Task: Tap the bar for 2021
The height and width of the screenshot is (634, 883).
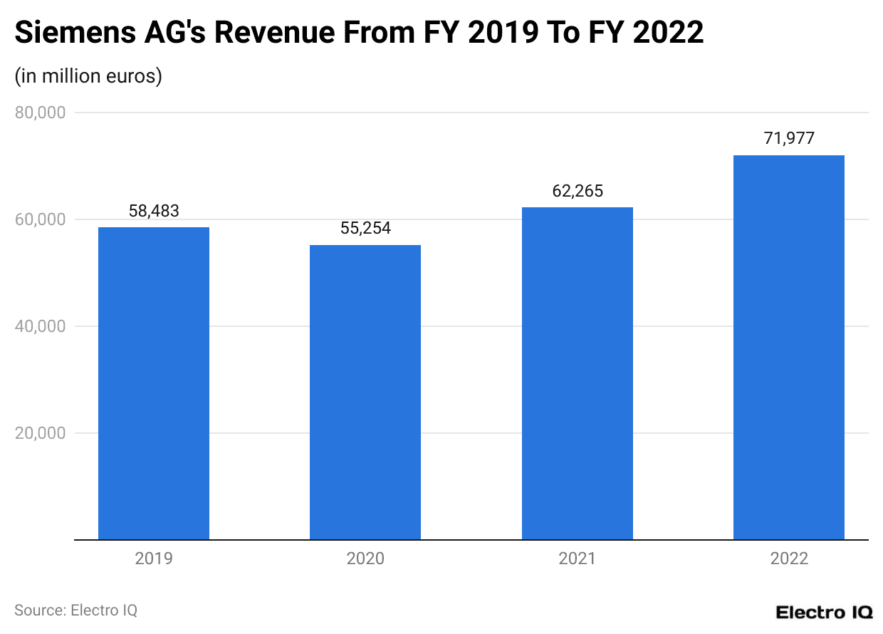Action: coord(578,373)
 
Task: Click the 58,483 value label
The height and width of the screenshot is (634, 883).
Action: coord(154,211)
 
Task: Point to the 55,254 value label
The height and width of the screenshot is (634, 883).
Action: coord(365,229)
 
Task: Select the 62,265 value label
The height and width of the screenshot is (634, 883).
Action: coord(578,191)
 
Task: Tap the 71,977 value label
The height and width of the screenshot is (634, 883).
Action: coord(789,139)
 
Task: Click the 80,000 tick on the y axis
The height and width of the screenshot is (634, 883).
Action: coord(41,113)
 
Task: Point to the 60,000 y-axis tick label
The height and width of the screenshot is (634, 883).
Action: coord(41,219)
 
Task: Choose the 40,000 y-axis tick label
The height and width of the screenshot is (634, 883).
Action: coord(41,326)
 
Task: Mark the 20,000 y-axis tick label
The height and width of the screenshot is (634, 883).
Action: coord(41,433)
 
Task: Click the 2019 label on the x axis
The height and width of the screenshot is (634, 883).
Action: coord(154,558)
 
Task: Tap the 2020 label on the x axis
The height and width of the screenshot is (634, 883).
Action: coord(365,558)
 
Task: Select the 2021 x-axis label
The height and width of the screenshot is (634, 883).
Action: coord(578,558)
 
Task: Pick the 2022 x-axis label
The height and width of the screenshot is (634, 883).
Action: coord(789,558)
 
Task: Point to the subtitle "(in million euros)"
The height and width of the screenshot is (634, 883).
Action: coord(88,76)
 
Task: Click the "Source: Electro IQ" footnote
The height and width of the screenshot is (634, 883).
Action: coord(75,610)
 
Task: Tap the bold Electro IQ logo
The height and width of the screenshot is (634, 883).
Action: coord(823,612)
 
